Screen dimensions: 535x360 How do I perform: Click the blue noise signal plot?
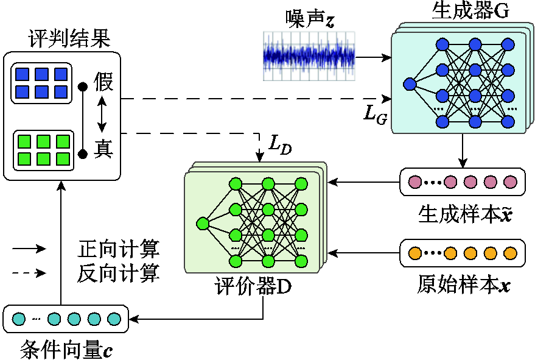[x=309, y=57]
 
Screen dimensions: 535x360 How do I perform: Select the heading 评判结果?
[x=69, y=38]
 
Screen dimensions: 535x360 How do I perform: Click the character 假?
[x=103, y=82]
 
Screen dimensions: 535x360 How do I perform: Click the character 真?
[x=103, y=149]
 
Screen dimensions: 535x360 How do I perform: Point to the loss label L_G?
[x=376, y=115]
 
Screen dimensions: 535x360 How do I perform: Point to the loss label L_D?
[x=280, y=145]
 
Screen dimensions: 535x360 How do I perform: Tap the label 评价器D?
[x=253, y=286]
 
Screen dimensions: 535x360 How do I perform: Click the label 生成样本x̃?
[x=465, y=214]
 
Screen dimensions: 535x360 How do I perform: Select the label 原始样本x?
[x=464, y=284]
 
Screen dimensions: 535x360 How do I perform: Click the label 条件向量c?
[x=66, y=349]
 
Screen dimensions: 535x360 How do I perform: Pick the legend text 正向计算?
[x=119, y=249]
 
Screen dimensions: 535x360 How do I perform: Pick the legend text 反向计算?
[x=119, y=274]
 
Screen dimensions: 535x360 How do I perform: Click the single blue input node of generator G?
[x=410, y=84]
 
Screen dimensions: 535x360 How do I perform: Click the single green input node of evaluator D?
[x=203, y=224]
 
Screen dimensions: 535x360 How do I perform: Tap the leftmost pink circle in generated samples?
[x=415, y=182]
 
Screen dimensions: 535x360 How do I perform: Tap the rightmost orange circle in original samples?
[x=511, y=253]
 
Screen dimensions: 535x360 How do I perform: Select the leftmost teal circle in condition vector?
[x=19, y=319]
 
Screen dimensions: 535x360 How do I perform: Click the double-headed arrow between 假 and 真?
[x=102, y=115]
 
